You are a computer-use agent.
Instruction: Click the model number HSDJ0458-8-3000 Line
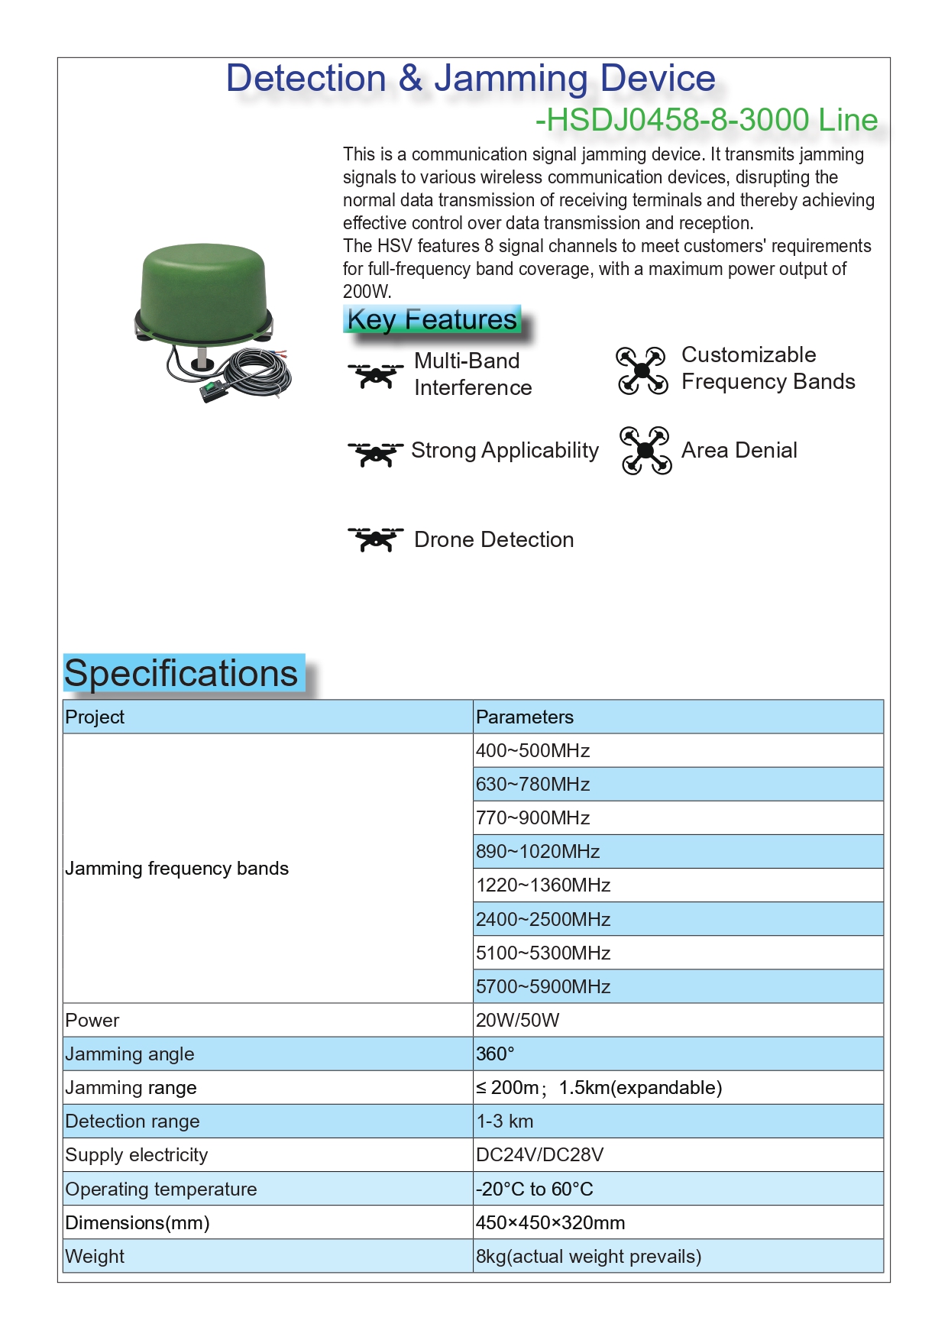pyautogui.click(x=707, y=120)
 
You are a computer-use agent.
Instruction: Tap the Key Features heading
pyautogui.click(x=432, y=319)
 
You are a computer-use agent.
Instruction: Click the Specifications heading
pyautogui.click(x=182, y=674)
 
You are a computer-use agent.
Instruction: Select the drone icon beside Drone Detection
pyautogui.click(x=375, y=539)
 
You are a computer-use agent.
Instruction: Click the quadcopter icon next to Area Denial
pyautogui.click(x=645, y=451)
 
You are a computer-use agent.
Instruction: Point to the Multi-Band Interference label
pyautogui.click(x=472, y=374)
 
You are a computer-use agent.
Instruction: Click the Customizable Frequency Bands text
pyautogui.click(x=767, y=368)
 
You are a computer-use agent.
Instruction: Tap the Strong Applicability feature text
pyautogui.click(x=504, y=451)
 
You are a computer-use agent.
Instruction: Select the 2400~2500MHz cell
pyautogui.click(x=543, y=919)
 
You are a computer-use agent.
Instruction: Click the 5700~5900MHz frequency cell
pyautogui.click(x=543, y=986)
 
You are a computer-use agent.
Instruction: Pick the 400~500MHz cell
pyautogui.click(x=532, y=751)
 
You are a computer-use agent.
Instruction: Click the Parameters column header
pyautogui.click(x=525, y=717)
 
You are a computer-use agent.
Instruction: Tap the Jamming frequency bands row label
pyautogui.click(x=177, y=869)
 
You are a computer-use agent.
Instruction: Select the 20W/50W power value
pyautogui.click(x=517, y=1021)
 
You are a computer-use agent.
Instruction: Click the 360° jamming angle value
pyautogui.click(x=495, y=1054)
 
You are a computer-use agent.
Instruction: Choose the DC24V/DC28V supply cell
pyautogui.click(x=539, y=1155)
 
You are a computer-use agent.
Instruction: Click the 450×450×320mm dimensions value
pyautogui.click(x=550, y=1223)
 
